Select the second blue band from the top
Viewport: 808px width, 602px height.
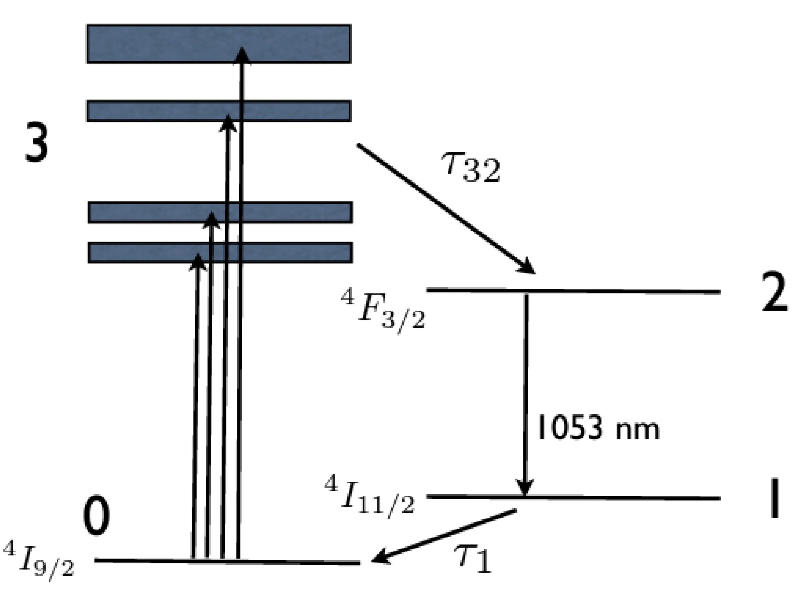pyautogui.click(x=153, y=111)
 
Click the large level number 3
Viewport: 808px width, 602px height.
pyautogui.click(x=37, y=142)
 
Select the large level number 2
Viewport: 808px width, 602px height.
pyautogui.click(x=774, y=292)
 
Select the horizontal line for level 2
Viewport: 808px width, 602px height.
pyautogui.click(x=620, y=291)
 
